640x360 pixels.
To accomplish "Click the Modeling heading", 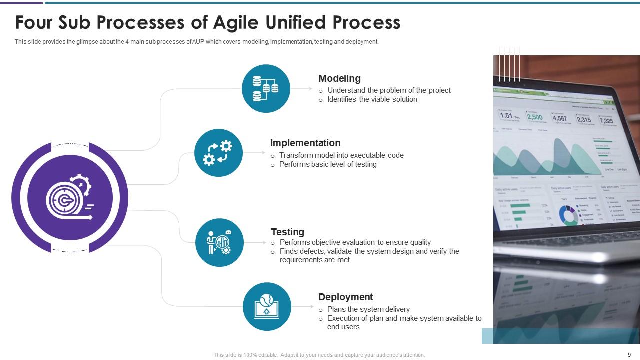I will click(339, 78).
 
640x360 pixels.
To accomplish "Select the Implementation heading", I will click(305, 143).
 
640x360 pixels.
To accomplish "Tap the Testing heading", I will click(287, 232).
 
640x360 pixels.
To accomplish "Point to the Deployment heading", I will click(345, 297).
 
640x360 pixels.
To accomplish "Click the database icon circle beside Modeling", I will click(266, 89).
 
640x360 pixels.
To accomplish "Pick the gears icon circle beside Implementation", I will click(218, 153).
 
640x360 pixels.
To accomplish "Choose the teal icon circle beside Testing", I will click(219, 242).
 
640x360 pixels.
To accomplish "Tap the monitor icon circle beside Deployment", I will click(267, 306).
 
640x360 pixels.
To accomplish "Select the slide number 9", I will click(629, 355).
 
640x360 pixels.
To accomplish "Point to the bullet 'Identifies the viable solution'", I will click(372, 99).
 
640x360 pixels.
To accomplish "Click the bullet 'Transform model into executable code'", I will click(341, 155).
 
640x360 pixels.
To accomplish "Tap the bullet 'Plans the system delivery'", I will click(368, 309).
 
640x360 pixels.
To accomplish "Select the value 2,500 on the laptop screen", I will click(534, 117).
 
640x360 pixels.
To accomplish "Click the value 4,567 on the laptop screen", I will click(559, 118).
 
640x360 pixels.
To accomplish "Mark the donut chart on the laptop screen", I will click(568, 215).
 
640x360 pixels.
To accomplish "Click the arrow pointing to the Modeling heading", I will click(302, 89).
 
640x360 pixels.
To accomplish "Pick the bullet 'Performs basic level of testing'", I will click(328, 164).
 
